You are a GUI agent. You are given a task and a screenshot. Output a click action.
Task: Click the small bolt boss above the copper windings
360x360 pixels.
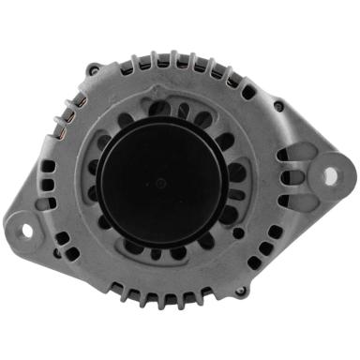(91, 69)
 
